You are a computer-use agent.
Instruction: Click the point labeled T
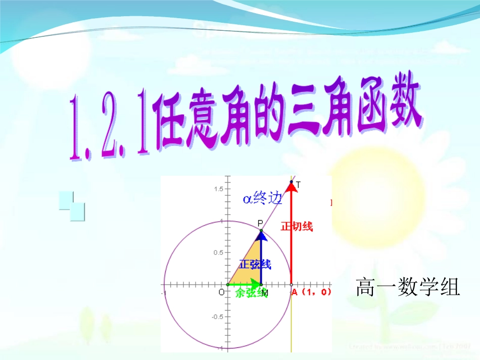(x=292, y=182)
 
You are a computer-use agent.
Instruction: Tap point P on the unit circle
(x=261, y=231)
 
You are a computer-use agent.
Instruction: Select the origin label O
(x=221, y=292)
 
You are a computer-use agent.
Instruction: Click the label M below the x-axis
(x=265, y=293)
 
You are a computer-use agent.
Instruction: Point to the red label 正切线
(x=297, y=227)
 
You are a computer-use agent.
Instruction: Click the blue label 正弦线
(x=255, y=265)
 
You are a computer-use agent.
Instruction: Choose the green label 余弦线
(x=251, y=293)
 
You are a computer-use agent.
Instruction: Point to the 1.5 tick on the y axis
(x=218, y=189)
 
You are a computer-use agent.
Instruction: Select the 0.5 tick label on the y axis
(x=218, y=252)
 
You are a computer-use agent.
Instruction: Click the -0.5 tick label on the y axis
(x=217, y=317)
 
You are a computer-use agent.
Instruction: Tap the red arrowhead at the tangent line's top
(x=292, y=187)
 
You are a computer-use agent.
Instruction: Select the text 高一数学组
(x=408, y=288)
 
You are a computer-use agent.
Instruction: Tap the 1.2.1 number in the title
(x=108, y=126)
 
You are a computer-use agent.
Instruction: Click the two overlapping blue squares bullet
(x=72, y=206)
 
